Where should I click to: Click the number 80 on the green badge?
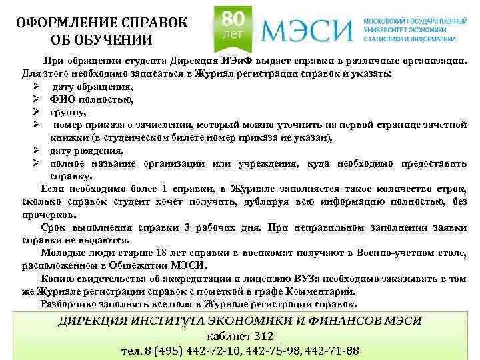pyautogui.click(x=231, y=18)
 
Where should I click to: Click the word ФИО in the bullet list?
pyautogui.click(x=61, y=99)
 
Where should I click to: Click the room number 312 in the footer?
pyautogui.click(x=260, y=336)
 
